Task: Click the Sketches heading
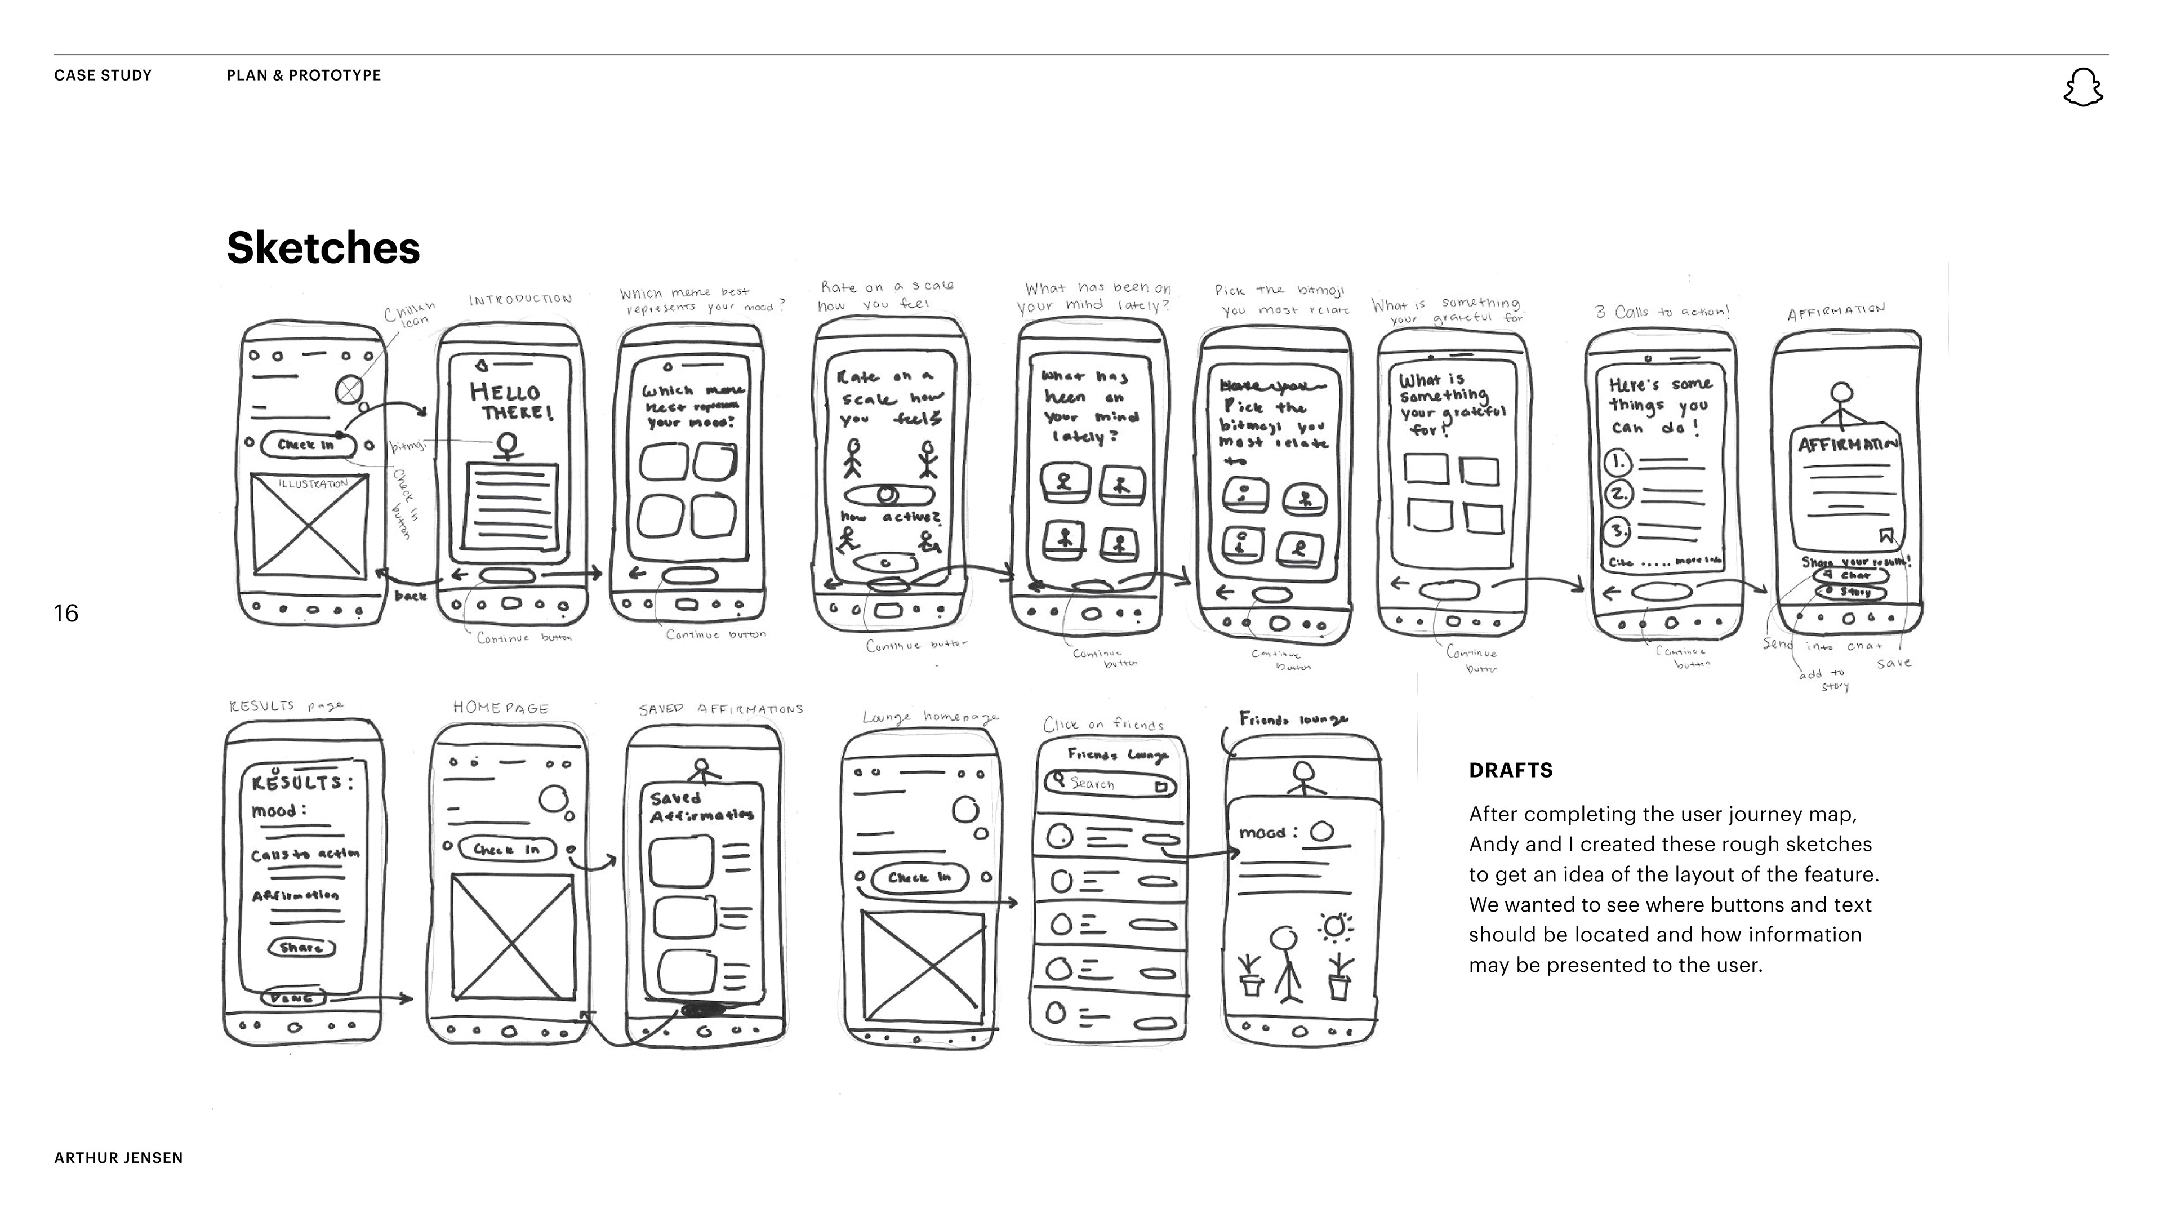[323, 248]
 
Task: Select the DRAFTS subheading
[1511, 770]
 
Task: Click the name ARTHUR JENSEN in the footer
[118, 1157]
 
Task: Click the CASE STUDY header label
[103, 75]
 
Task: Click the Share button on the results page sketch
[301, 947]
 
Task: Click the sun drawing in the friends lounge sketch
[1335, 926]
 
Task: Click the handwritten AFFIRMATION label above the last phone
[1836, 312]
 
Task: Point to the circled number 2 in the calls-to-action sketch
[1617, 495]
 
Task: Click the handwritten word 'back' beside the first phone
[411, 596]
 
